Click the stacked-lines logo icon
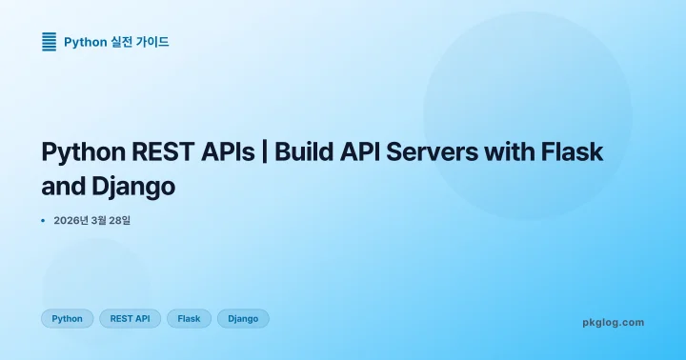click(x=50, y=41)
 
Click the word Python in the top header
click(x=84, y=42)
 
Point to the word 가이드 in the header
click(x=153, y=42)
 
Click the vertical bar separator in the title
click(x=264, y=152)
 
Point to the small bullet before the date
click(x=44, y=221)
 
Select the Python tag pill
click(x=67, y=319)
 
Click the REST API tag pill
click(x=130, y=319)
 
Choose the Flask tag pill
click(x=189, y=319)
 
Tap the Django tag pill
click(x=243, y=319)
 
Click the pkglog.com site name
click(x=613, y=322)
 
